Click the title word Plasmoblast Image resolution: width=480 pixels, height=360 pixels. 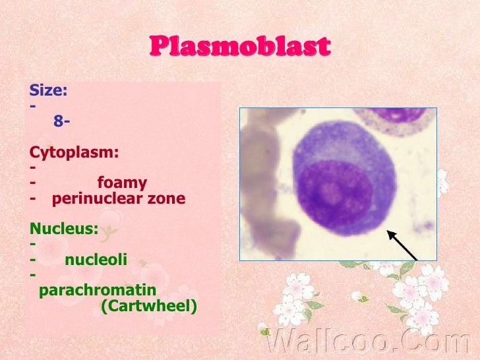click(x=239, y=47)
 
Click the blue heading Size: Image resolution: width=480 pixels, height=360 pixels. click(x=48, y=91)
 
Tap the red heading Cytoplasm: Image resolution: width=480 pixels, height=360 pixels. click(x=75, y=152)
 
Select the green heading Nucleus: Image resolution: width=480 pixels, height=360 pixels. click(x=64, y=229)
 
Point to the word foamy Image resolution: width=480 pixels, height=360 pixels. click(x=122, y=183)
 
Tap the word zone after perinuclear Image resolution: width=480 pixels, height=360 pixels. click(x=166, y=198)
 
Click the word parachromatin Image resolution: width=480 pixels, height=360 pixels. click(x=98, y=290)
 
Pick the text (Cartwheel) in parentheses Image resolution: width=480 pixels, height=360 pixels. click(x=148, y=306)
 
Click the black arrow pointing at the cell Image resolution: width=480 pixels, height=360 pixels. click(x=403, y=245)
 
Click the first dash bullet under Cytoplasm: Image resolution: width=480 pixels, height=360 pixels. click(x=33, y=167)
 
